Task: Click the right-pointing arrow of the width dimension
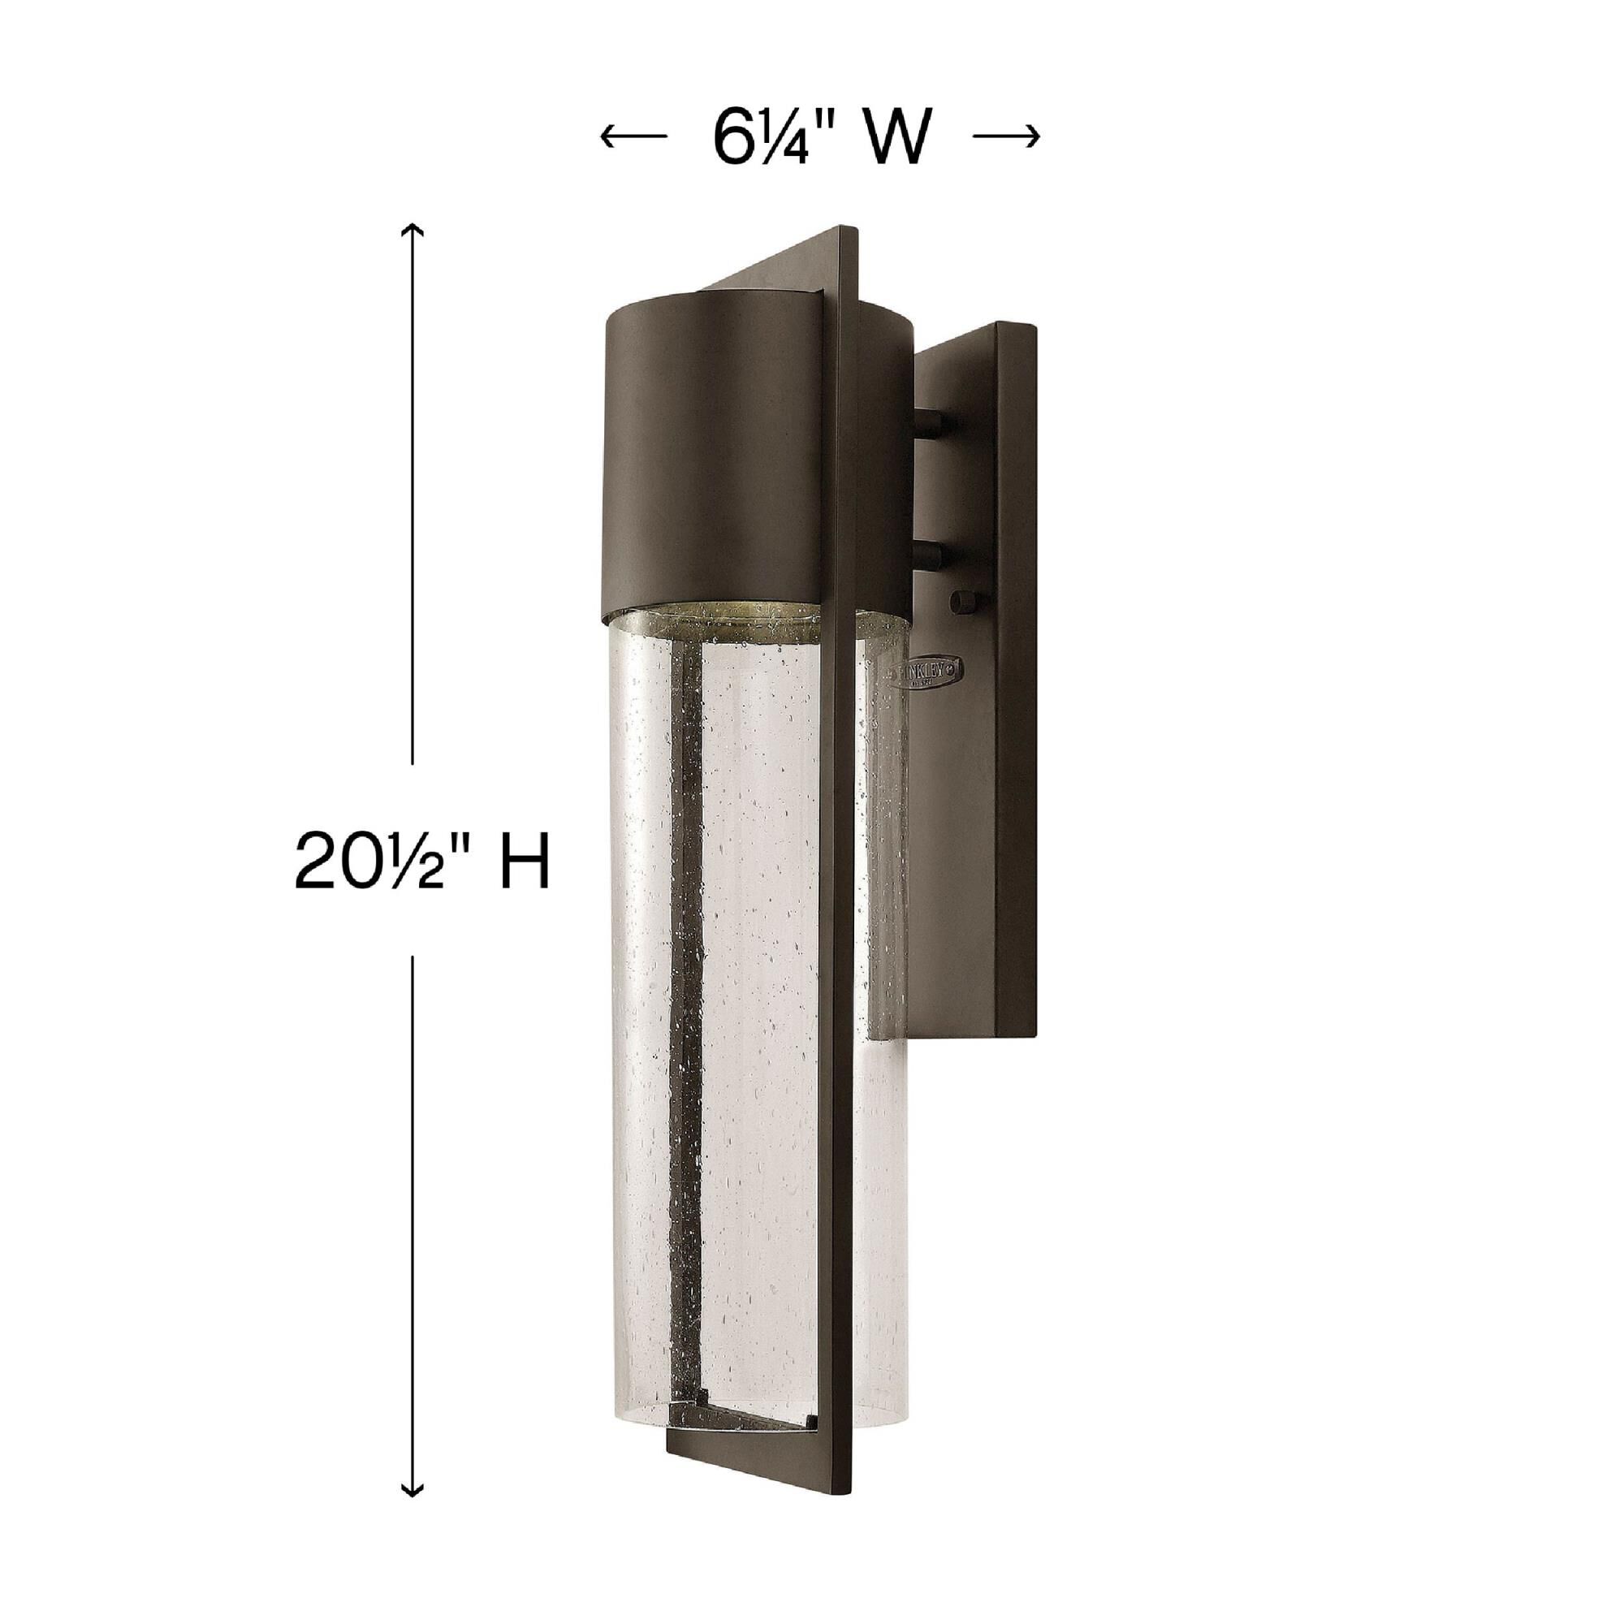click(1006, 136)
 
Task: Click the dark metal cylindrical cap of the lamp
click(723, 471)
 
